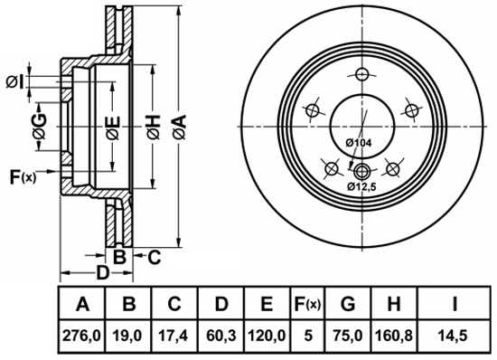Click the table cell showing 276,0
tap(81, 336)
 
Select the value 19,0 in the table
tap(128, 336)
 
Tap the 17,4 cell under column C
tap(174, 336)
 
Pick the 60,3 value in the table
tap(221, 336)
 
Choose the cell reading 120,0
tap(267, 336)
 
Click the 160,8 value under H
tap(394, 336)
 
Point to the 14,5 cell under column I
tap(454, 336)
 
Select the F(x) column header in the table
tap(307, 304)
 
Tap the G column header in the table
tap(348, 304)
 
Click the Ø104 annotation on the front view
tap(358, 143)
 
